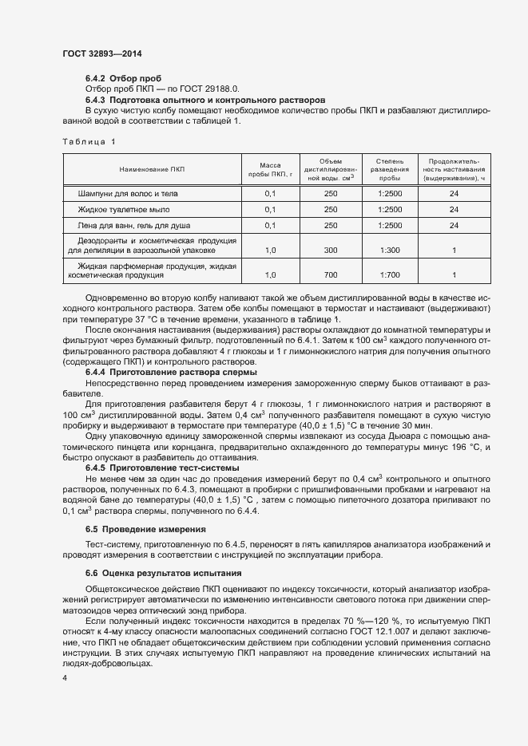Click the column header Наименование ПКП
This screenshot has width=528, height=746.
[x=152, y=170]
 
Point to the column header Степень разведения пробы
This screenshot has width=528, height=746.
[x=390, y=169]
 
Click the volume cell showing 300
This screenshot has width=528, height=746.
[x=331, y=250]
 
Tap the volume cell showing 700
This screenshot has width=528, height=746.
[x=331, y=275]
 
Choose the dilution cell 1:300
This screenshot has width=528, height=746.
[x=390, y=250]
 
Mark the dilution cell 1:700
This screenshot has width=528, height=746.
[x=390, y=275]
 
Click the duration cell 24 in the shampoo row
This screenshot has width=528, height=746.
[x=454, y=194]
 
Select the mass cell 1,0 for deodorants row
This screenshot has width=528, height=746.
[x=270, y=250]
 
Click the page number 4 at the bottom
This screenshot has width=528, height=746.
[x=65, y=678]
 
